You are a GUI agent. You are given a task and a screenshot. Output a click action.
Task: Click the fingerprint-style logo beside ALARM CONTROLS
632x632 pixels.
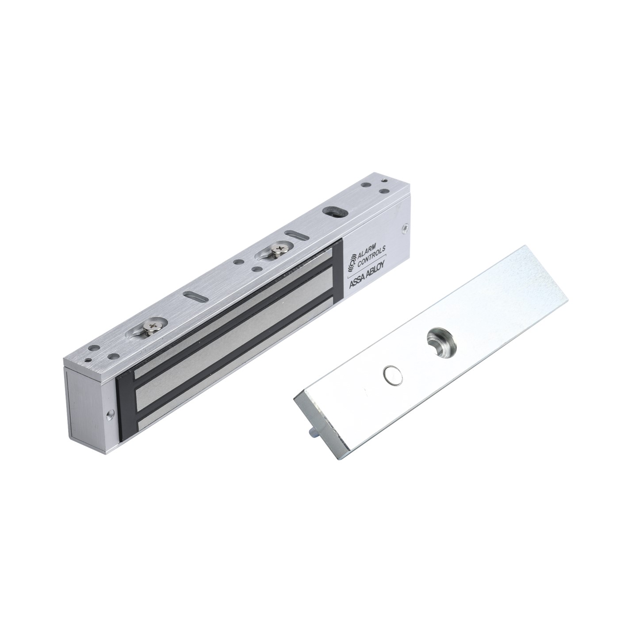[351, 264]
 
